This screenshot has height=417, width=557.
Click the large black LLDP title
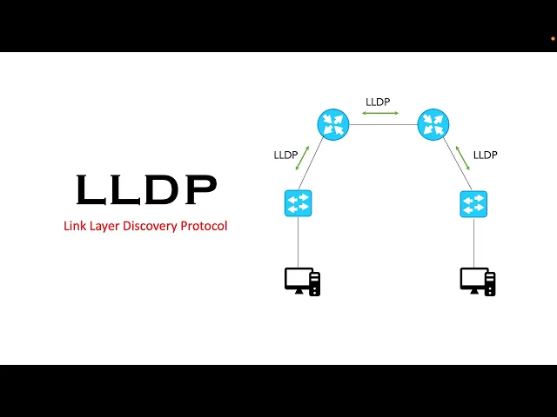tap(145, 189)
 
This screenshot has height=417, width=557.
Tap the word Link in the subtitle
tap(75, 226)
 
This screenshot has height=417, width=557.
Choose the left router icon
tap(332, 124)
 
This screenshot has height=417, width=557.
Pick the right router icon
tap(433, 124)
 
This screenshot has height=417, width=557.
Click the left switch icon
tap(298, 204)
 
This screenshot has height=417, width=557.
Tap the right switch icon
tap(473, 204)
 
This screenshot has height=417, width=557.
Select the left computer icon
tap(302, 281)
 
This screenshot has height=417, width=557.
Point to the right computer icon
tap(478, 281)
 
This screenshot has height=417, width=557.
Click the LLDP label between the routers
tap(378, 102)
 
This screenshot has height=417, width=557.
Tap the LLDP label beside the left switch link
tap(285, 156)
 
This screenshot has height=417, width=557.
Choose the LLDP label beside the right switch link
tap(485, 155)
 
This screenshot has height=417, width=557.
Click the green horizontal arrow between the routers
tap(382, 113)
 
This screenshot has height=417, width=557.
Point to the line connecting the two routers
tap(382, 124)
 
